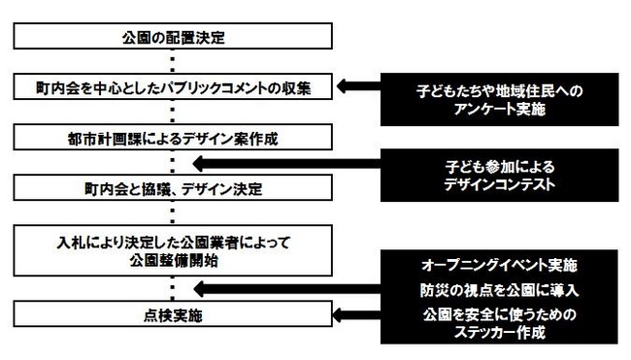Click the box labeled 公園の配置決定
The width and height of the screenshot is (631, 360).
point(172,39)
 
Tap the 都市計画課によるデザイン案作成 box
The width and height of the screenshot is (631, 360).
point(172,139)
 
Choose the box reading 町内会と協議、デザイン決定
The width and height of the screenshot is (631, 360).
point(172,187)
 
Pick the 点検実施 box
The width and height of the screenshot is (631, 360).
point(172,314)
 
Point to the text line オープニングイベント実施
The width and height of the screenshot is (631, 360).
point(500,264)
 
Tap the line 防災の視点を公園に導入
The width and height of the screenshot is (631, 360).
point(500,290)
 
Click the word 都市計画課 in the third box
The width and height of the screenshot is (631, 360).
point(102,139)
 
